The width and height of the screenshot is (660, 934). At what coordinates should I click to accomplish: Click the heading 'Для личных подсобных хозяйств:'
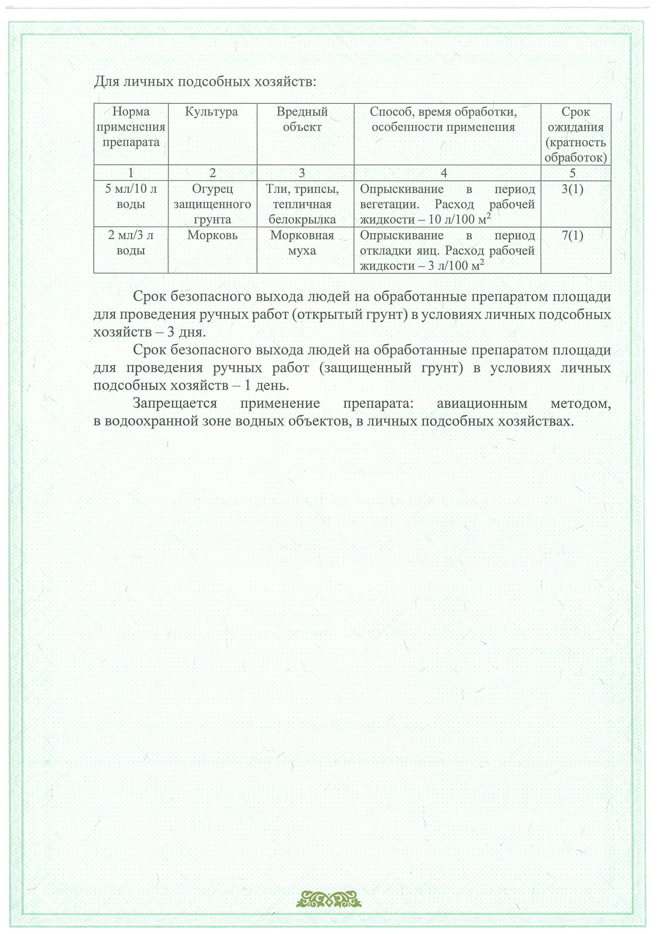pos(205,82)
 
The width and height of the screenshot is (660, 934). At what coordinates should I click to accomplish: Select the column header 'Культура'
pos(211,112)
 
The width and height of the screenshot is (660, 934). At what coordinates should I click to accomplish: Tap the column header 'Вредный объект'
pos(302,119)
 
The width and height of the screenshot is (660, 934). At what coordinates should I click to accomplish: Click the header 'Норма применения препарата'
pos(130,127)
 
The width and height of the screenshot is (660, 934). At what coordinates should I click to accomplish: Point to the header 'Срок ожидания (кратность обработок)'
pos(575,135)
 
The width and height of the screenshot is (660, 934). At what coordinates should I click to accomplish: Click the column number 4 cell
pos(444,173)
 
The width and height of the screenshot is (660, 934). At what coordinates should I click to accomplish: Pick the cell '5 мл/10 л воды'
pos(130,196)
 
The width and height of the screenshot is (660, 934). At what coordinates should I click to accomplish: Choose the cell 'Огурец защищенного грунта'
pos(212,204)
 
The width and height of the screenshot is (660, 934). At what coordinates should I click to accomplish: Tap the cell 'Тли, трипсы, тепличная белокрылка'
pos(302,204)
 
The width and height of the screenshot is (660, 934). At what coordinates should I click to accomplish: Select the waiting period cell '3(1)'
pos(572,189)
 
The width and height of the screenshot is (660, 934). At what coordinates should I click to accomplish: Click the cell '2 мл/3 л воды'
pos(130,243)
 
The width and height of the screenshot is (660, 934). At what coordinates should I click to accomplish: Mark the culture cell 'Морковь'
pos(212,235)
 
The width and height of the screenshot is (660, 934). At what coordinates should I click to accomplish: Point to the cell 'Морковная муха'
pos(302,243)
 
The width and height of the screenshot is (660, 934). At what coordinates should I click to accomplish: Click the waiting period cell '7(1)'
pos(572,235)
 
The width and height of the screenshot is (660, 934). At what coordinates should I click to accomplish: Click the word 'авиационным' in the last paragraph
pos(482,404)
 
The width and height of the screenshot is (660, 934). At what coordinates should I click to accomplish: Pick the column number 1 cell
pos(130,173)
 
